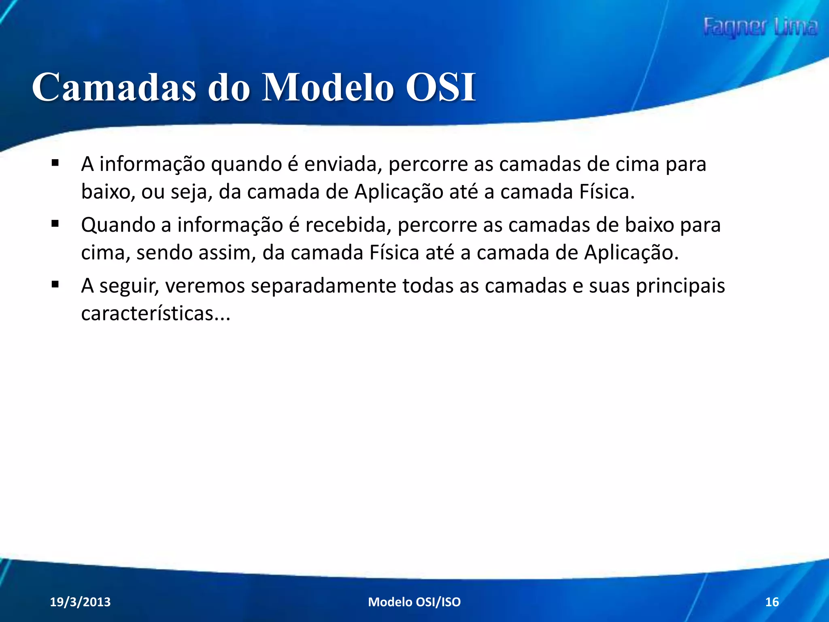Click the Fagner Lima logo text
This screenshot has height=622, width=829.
click(760, 28)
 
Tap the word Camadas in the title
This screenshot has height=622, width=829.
click(114, 87)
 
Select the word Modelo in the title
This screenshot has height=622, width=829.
click(328, 87)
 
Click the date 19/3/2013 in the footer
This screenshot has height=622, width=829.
click(80, 602)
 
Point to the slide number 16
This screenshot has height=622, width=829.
click(772, 602)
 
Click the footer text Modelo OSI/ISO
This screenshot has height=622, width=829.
click(414, 602)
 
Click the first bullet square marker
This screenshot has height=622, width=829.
click(55, 164)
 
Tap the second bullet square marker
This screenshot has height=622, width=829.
click(55, 224)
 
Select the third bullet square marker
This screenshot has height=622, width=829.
click(55, 285)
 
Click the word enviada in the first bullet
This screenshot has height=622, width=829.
click(343, 164)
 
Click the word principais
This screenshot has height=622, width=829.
click(680, 286)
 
